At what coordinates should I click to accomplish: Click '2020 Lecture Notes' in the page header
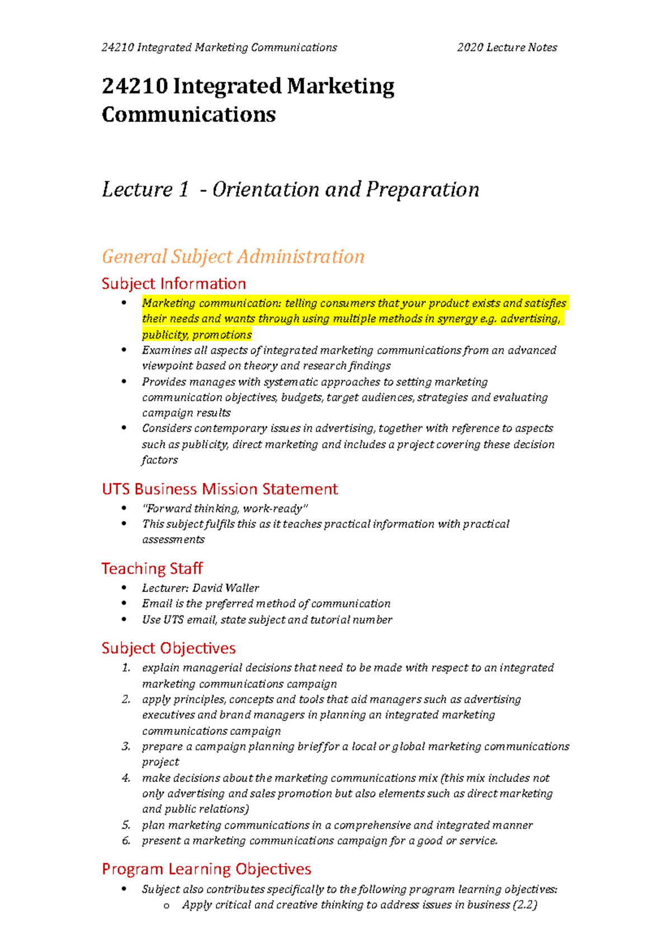(x=507, y=48)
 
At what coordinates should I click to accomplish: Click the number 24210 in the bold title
(x=135, y=87)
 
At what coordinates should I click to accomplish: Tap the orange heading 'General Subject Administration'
(x=233, y=257)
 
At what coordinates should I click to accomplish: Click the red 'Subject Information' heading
(x=173, y=283)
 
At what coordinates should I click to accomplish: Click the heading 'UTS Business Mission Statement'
(x=220, y=489)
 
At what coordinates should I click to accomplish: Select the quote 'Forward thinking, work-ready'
(x=225, y=509)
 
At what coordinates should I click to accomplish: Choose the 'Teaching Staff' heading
(x=152, y=568)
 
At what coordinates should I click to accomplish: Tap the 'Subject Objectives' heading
(x=168, y=648)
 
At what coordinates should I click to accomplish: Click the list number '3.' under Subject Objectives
(x=126, y=747)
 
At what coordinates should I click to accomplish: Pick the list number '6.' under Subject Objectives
(x=126, y=841)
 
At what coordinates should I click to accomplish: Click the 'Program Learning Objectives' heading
(x=206, y=869)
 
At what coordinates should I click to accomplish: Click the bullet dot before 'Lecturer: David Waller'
(x=124, y=587)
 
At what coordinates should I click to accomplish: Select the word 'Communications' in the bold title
(x=188, y=115)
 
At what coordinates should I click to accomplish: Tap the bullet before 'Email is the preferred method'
(x=124, y=603)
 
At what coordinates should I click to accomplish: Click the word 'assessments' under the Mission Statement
(x=173, y=540)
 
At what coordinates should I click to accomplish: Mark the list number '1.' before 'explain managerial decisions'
(x=126, y=668)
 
